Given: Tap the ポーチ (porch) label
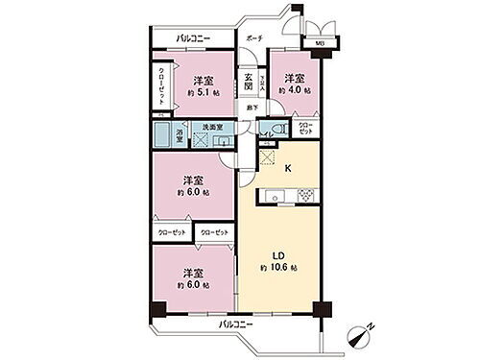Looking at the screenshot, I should click(x=253, y=38).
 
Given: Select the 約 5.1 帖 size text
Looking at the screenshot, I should click(x=203, y=94).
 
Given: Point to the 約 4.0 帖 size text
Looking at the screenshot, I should click(x=293, y=89).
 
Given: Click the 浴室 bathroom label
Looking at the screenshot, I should click(x=180, y=134).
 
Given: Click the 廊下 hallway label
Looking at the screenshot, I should click(x=251, y=108).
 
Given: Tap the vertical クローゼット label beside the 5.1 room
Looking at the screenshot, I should click(x=161, y=87).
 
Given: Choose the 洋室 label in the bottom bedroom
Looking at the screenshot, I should click(x=193, y=271).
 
